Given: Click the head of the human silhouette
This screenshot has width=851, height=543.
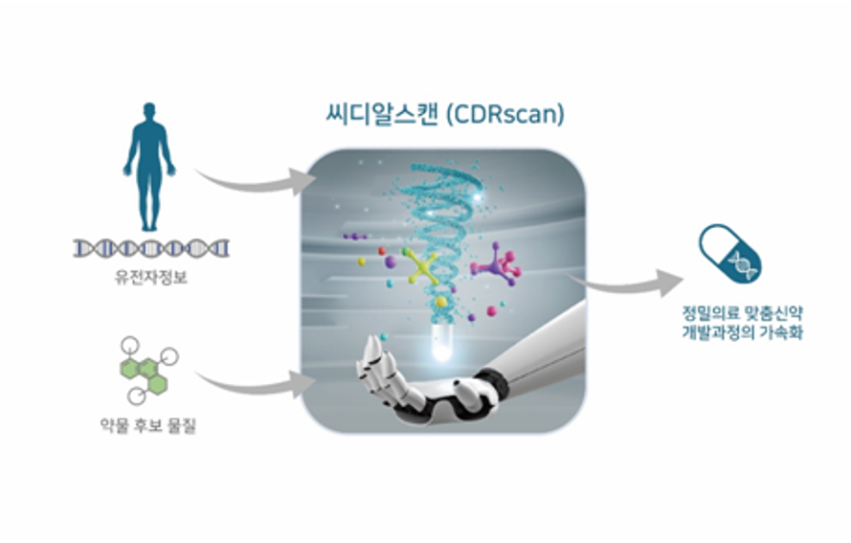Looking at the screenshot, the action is (x=149, y=111).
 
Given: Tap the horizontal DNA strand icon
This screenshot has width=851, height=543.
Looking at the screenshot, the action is (x=151, y=249).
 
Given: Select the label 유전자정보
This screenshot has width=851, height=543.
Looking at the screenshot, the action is (x=151, y=278).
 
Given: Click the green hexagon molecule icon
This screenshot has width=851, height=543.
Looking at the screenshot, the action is (x=146, y=372).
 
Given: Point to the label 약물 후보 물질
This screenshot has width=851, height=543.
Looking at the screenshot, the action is (x=147, y=425).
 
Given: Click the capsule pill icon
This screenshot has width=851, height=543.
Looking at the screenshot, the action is (x=729, y=254).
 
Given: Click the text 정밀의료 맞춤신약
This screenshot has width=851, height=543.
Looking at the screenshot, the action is (x=743, y=313).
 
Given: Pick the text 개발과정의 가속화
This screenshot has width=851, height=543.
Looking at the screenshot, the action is (x=743, y=332).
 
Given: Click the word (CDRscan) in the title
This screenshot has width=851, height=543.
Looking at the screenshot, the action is (x=504, y=115).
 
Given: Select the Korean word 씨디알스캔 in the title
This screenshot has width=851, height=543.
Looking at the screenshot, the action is (x=382, y=115).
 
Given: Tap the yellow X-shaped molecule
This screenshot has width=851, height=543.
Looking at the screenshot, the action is (x=421, y=266).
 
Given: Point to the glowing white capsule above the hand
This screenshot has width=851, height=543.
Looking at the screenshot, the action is (x=440, y=343).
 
